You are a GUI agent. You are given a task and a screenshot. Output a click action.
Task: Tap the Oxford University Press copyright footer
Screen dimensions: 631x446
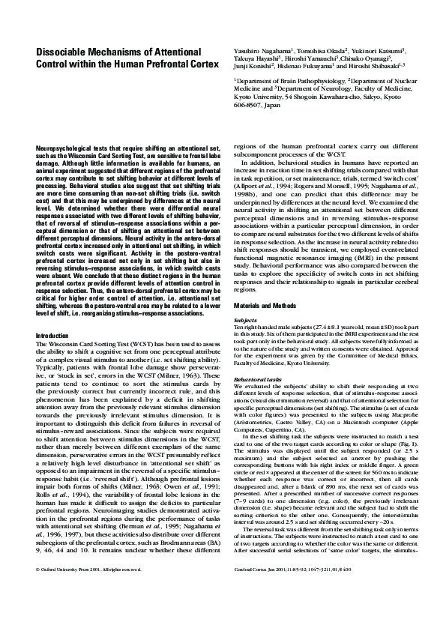[80, 612]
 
